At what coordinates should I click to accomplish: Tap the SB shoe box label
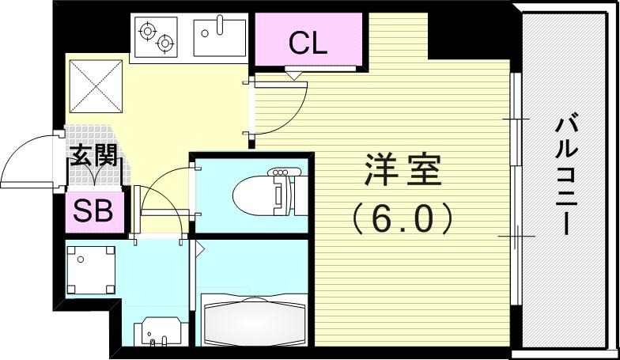click(94, 211)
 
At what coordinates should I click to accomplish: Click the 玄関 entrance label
click(94, 156)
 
